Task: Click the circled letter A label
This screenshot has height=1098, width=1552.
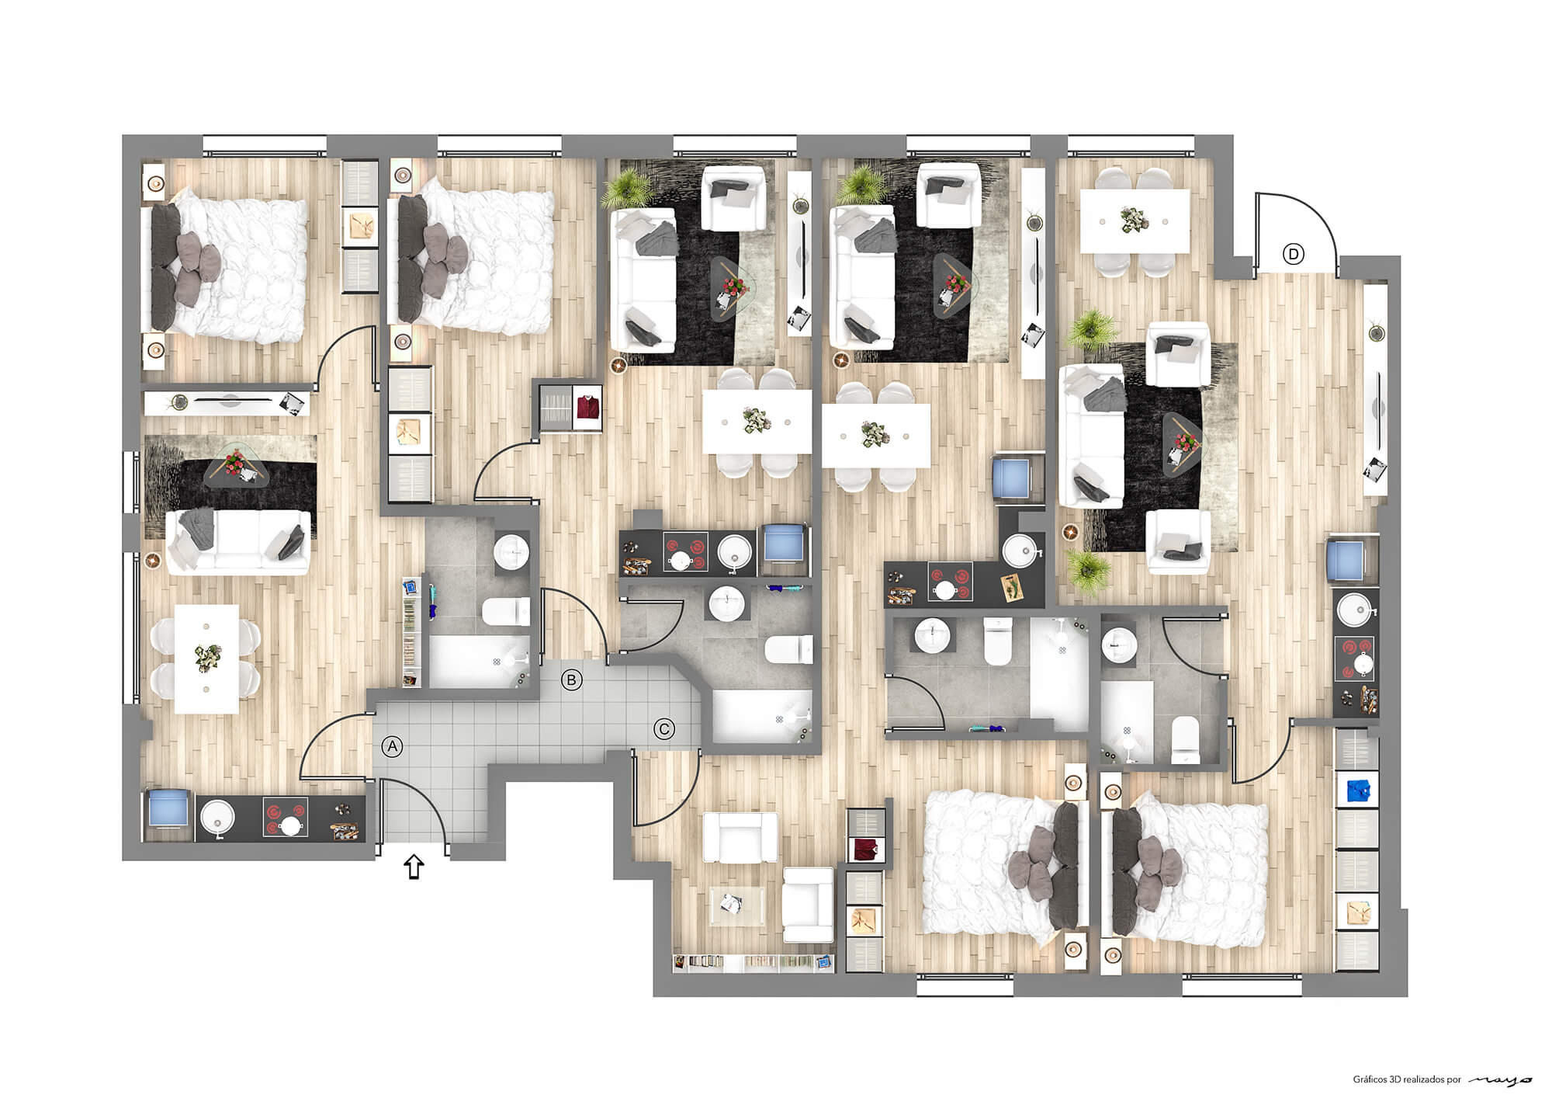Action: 393,746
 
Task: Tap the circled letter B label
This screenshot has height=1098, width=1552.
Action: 571,681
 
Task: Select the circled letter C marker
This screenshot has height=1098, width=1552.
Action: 664,729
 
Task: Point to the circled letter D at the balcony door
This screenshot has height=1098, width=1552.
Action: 1294,254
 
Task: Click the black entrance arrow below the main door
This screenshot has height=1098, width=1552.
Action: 414,867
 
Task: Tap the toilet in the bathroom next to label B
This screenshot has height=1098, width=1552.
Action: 505,612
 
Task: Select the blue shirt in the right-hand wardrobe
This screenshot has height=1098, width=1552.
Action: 1355,789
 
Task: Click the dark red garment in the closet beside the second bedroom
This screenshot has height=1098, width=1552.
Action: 588,407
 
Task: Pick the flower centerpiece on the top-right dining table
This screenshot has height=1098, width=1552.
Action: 1135,220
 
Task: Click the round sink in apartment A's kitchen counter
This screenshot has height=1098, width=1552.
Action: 217,818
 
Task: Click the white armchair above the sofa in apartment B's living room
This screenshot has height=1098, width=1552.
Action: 733,197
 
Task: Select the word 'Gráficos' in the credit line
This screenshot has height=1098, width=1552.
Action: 1370,1079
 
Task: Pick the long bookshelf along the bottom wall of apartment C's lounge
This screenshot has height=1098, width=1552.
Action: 753,962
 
